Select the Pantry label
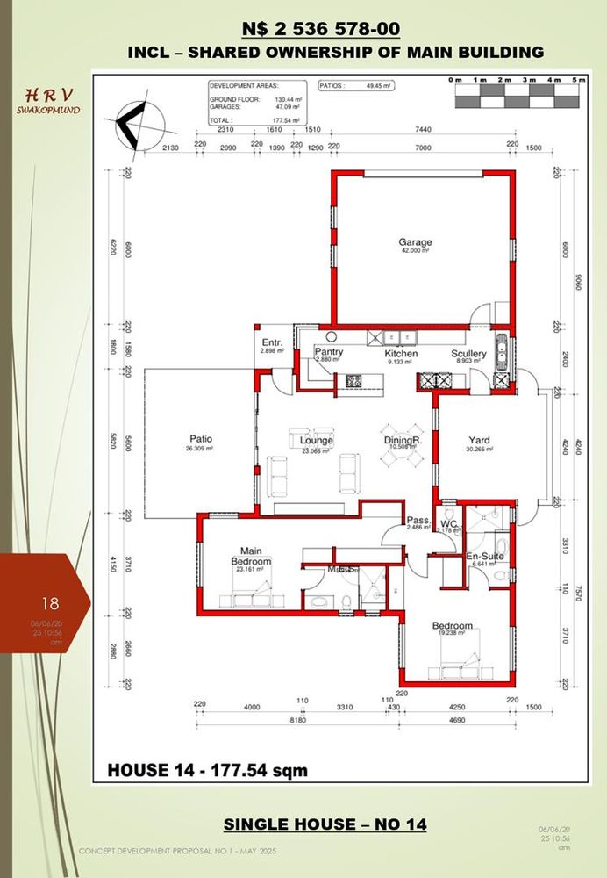point(328,353)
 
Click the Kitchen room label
point(402,354)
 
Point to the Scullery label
point(468,354)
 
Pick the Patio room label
point(201,440)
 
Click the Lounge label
point(316,441)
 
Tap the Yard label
point(479,441)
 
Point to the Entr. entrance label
point(271,342)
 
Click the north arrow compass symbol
point(133,126)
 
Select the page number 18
point(50,603)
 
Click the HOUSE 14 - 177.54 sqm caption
point(207,771)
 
